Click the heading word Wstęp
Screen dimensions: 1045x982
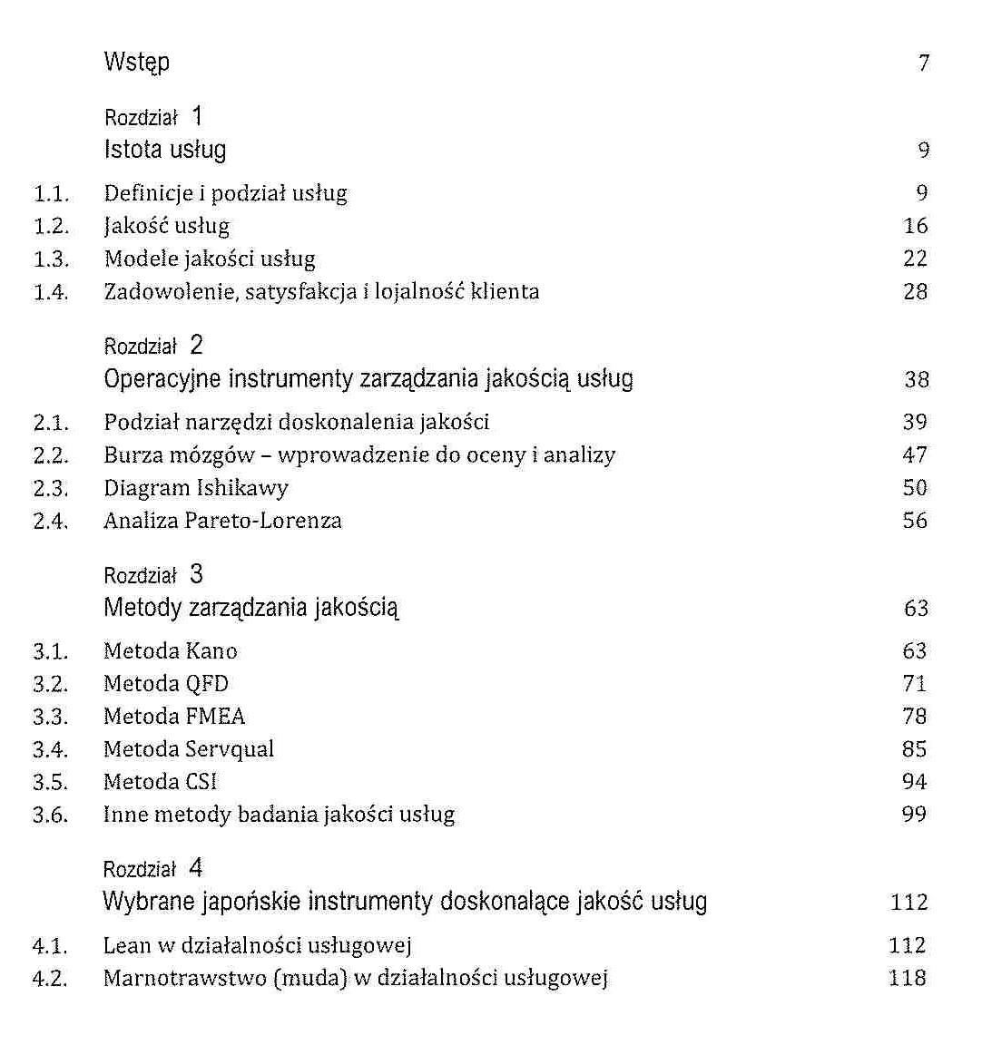tap(136, 63)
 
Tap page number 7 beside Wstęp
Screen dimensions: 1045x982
tap(923, 63)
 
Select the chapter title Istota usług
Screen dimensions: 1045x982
tap(164, 150)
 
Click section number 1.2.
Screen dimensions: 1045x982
tap(51, 226)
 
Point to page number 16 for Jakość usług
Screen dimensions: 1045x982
tap(915, 226)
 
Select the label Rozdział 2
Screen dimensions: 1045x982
tap(153, 346)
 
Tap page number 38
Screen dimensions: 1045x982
tap(916, 379)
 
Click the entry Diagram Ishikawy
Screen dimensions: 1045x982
tap(195, 488)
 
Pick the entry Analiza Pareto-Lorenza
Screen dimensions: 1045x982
tap(222, 521)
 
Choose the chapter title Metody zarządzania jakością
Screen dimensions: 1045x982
tap(250, 608)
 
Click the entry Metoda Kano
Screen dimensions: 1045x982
tap(170, 650)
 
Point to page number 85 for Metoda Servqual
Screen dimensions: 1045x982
tap(914, 749)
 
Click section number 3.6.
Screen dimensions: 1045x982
tap(50, 815)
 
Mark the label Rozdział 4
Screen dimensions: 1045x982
tap(152, 869)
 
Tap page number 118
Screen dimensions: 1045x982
tap(907, 978)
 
